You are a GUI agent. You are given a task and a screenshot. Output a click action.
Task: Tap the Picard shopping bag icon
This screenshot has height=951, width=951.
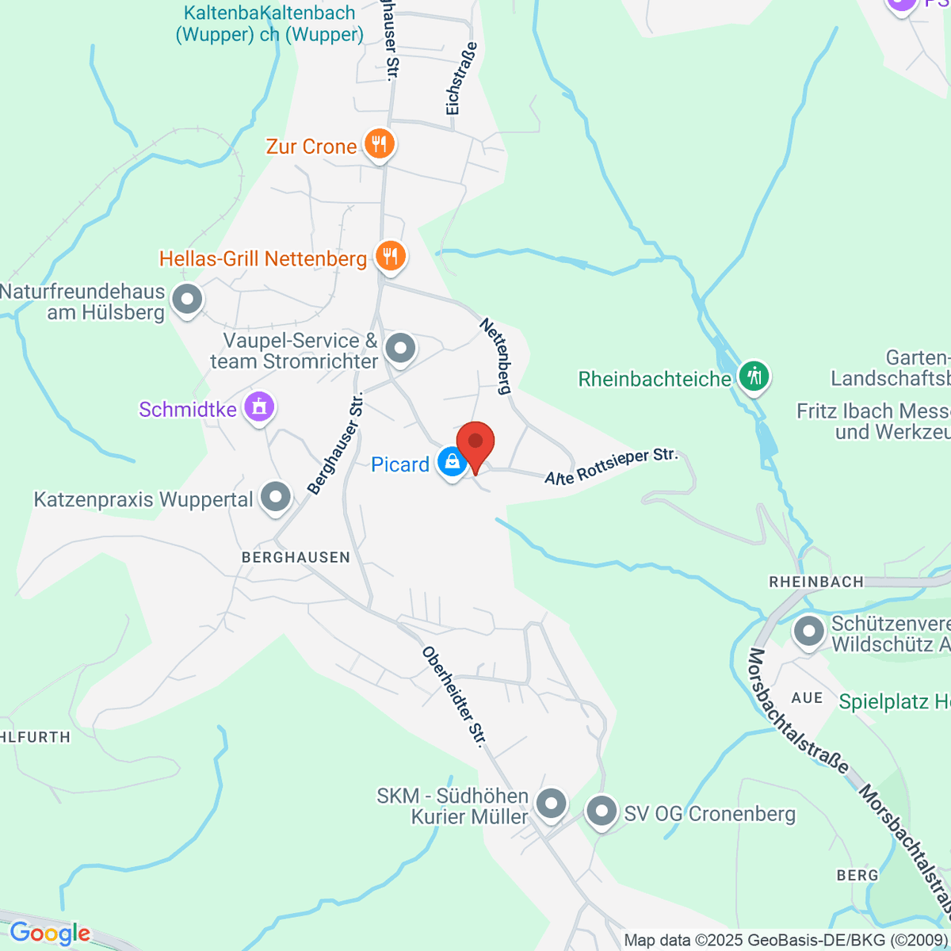pyautogui.click(x=452, y=462)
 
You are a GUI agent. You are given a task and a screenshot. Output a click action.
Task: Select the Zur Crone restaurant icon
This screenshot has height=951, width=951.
pyautogui.click(x=380, y=144)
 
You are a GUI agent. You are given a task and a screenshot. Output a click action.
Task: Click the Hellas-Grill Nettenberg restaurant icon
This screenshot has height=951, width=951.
pyautogui.click(x=390, y=256)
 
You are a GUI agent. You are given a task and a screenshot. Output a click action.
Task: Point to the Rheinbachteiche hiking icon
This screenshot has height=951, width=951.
pyautogui.click(x=754, y=376)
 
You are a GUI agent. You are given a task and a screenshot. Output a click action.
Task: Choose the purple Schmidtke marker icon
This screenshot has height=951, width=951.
pyautogui.click(x=258, y=407)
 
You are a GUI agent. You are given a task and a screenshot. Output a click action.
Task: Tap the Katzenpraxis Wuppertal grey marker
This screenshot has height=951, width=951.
pyautogui.click(x=276, y=498)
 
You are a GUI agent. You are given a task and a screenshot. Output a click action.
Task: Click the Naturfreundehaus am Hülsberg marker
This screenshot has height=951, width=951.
pyautogui.click(x=188, y=300)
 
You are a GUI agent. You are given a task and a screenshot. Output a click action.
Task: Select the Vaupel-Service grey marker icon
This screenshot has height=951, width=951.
pyautogui.click(x=400, y=348)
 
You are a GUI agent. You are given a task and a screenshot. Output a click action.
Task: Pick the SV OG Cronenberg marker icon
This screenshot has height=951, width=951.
pyautogui.click(x=602, y=812)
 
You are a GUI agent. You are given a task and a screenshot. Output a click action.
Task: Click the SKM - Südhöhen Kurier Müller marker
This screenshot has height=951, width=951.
pyautogui.click(x=551, y=804)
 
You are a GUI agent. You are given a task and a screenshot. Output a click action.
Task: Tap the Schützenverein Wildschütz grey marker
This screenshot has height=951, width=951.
pyautogui.click(x=809, y=632)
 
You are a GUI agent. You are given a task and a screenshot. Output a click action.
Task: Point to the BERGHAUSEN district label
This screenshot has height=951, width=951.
pyautogui.click(x=296, y=557)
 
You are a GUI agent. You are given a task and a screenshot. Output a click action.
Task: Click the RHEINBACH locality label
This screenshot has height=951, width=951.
pyautogui.click(x=816, y=582)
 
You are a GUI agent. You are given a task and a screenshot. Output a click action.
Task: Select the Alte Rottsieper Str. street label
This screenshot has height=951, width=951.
pyautogui.click(x=611, y=467)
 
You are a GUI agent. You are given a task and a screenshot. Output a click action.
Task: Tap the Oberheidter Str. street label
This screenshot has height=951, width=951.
pyautogui.click(x=454, y=697)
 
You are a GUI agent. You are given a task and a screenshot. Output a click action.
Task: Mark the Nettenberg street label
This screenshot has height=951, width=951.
pyautogui.click(x=497, y=356)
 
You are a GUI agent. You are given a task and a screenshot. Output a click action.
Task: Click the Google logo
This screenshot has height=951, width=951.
pyautogui.click(x=49, y=934)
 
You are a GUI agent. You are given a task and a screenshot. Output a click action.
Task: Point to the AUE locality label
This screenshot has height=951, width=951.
pyautogui.click(x=807, y=697)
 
